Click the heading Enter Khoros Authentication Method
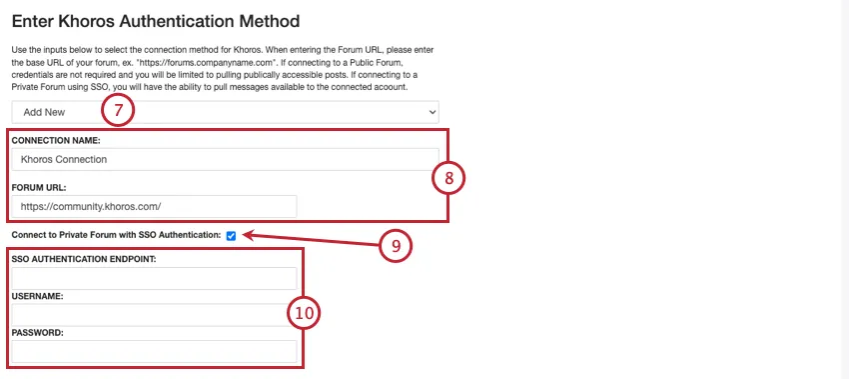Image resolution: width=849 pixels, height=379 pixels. [156, 21]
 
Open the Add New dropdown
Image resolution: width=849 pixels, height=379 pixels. [226, 112]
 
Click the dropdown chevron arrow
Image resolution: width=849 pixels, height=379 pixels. [432, 112]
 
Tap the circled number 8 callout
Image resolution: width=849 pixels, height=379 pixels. [448, 177]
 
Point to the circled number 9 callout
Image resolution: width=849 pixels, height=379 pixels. [396, 246]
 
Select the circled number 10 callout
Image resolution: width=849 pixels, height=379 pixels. [304, 313]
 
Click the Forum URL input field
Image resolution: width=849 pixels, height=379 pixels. [154, 207]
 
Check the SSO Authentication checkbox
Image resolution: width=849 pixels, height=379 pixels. [231, 236]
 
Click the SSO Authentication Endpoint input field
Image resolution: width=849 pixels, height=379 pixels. [154, 278]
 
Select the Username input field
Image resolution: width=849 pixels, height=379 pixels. [154, 315]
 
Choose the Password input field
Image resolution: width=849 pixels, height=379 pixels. [154, 351]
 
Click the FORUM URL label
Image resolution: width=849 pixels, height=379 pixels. [38, 187]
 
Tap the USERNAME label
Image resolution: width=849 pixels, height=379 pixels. [37, 297]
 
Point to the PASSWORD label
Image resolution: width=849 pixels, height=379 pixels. [38, 333]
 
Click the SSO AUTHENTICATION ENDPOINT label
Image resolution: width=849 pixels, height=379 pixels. [84, 259]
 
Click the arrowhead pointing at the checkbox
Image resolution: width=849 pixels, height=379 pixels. [249, 235]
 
